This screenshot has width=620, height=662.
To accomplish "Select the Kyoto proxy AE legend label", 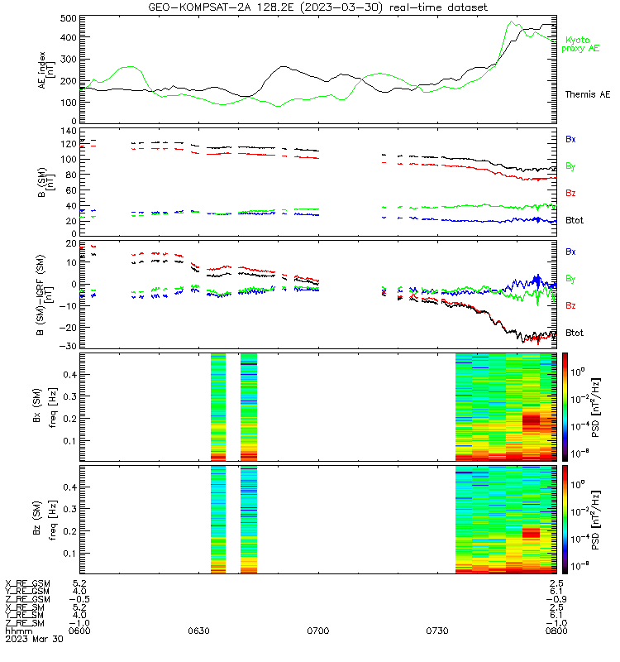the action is point(580,45).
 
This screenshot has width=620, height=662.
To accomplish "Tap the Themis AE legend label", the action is point(588,94).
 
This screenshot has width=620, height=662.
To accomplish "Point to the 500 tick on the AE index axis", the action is point(68,18).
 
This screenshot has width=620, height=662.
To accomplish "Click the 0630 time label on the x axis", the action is point(198,631).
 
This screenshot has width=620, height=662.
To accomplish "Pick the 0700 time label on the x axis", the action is point(318,631).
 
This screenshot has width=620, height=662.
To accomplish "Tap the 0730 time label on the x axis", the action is point(437,631).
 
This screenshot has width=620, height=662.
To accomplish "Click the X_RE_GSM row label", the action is point(27,583).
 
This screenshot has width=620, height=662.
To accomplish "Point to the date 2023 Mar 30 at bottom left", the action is point(34,639).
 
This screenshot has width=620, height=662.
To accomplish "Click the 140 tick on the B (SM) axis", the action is point(68,131).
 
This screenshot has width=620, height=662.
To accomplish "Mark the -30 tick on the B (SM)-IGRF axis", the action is point(68,346).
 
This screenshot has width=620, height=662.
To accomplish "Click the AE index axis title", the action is point(45,70).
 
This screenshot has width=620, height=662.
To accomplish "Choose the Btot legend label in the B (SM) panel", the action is point(575,220).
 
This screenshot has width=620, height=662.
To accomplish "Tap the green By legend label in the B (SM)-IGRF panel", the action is point(570,279).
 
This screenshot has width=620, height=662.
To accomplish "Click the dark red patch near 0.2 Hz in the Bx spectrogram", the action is point(531,420).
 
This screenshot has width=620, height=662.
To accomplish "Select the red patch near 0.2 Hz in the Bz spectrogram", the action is point(531,532).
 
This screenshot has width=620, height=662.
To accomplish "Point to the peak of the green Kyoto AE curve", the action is point(512,22).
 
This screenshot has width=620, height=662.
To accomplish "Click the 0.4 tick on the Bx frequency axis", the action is point(70,375).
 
